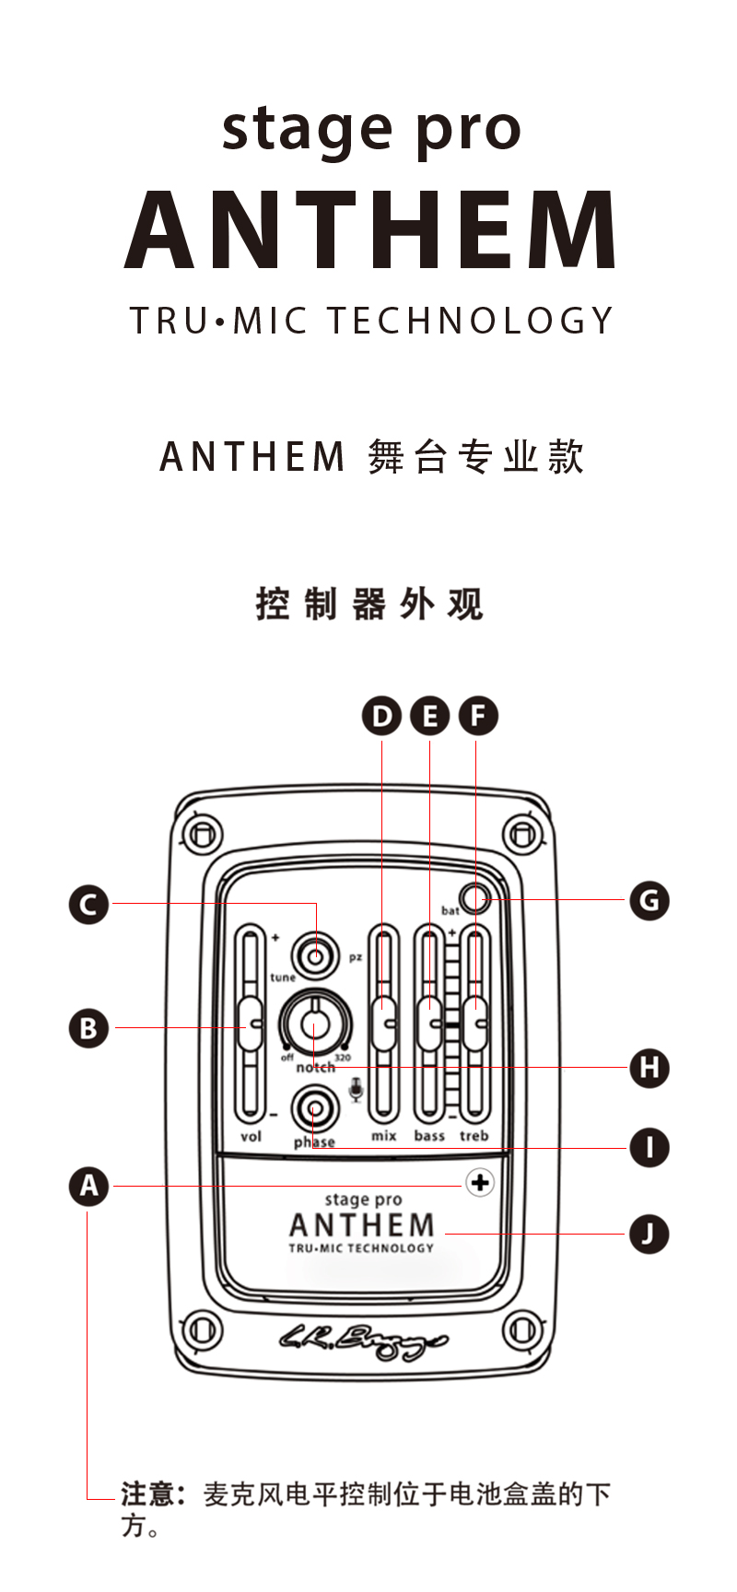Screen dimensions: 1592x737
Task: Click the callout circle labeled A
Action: click(88, 1186)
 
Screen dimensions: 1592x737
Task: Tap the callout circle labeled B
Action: click(88, 1027)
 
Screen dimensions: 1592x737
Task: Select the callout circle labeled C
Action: click(88, 904)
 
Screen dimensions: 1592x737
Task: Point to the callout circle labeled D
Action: click(381, 716)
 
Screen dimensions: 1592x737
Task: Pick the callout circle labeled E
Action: click(429, 716)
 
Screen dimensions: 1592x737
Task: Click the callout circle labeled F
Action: click(477, 716)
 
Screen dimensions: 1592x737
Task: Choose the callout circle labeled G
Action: click(649, 899)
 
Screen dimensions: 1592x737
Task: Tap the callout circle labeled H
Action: click(649, 1068)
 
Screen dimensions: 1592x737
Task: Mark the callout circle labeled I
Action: click(649, 1148)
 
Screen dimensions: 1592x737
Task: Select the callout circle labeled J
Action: click(649, 1234)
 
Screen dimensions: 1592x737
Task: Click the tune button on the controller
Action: click(315, 955)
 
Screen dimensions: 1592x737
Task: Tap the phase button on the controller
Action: click(314, 1109)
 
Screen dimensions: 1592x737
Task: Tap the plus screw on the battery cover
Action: click(479, 1183)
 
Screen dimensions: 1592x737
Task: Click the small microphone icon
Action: click(357, 1093)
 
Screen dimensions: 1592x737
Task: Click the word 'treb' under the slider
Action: click(474, 1136)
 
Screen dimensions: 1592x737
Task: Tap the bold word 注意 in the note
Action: click(147, 1493)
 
